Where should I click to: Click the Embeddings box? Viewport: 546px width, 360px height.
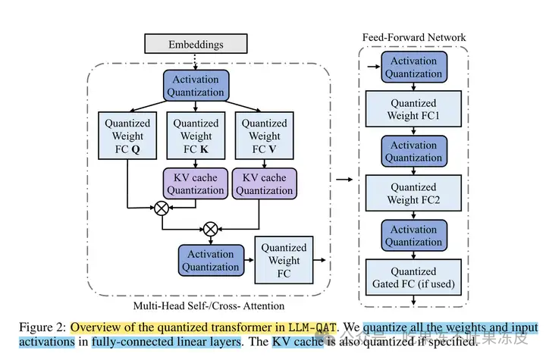pyautogui.click(x=196, y=44)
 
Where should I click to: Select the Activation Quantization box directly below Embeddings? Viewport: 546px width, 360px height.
pyautogui.click(x=196, y=86)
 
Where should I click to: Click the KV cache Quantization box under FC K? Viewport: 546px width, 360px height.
pyautogui.click(x=196, y=183)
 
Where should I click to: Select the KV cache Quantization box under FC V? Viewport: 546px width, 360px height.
pyautogui.click(x=264, y=183)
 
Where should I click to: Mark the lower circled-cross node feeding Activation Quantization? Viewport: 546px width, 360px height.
pyautogui.click(x=210, y=227)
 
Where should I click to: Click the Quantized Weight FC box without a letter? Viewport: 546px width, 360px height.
pyautogui.click(x=284, y=260)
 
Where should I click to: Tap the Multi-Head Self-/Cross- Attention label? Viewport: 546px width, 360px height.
pyautogui.click(x=209, y=305)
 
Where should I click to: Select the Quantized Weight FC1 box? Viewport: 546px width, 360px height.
pyautogui.click(x=413, y=109)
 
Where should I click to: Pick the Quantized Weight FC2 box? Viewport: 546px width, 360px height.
pyautogui.click(x=413, y=193)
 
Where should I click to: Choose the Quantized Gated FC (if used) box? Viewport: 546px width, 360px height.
pyautogui.click(x=413, y=277)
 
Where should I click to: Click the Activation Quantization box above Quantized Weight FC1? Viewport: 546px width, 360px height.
pyautogui.click(x=413, y=67)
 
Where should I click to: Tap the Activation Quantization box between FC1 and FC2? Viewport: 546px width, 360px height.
pyautogui.click(x=413, y=152)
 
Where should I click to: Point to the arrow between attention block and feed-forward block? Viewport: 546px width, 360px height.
pyautogui.click(x=344, y=180)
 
